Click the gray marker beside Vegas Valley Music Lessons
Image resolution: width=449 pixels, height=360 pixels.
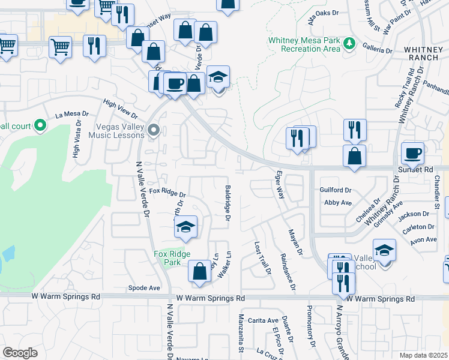(x=154, y=129)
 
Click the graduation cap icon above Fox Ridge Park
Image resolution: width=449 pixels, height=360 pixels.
(x=185, y=227)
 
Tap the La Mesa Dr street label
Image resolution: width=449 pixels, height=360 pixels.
(x=72, y=114)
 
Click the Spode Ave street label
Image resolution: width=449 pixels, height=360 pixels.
(x=144, y=288)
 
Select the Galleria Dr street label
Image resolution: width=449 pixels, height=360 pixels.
(x=377, y=50)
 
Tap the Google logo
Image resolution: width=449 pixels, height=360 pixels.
(x=20, y=353)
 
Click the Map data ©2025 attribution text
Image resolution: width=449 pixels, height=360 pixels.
(x=424, y=355)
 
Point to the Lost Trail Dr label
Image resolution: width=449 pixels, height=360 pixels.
(x=262, y=259)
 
